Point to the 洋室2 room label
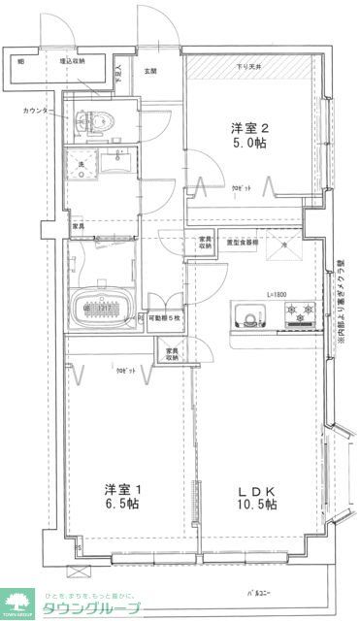[249, 128]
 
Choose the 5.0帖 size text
[249, 144]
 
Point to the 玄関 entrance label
[151, 71]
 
